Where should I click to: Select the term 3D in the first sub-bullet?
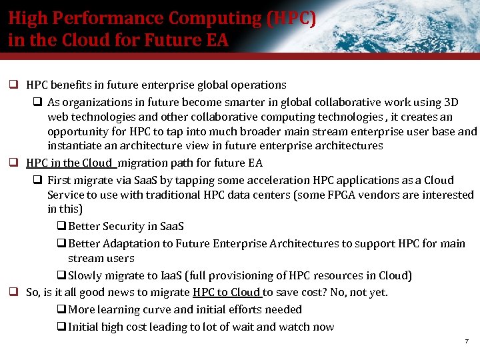click(x=451, y=102)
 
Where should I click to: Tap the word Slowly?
click(x=85, y=275)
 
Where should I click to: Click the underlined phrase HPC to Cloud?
click(x=227, y=292)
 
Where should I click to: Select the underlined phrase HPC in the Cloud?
click(x=70, y=163)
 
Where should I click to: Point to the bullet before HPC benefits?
click(x=13, y=85)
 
